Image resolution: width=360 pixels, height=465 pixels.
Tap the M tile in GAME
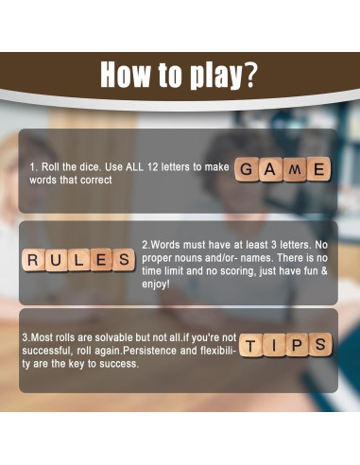click(296, 170)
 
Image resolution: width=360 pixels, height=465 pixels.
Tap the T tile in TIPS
click(251, 346)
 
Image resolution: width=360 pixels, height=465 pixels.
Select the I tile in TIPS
click(274, 346)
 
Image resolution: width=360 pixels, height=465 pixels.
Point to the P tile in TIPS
click(297, 346)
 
